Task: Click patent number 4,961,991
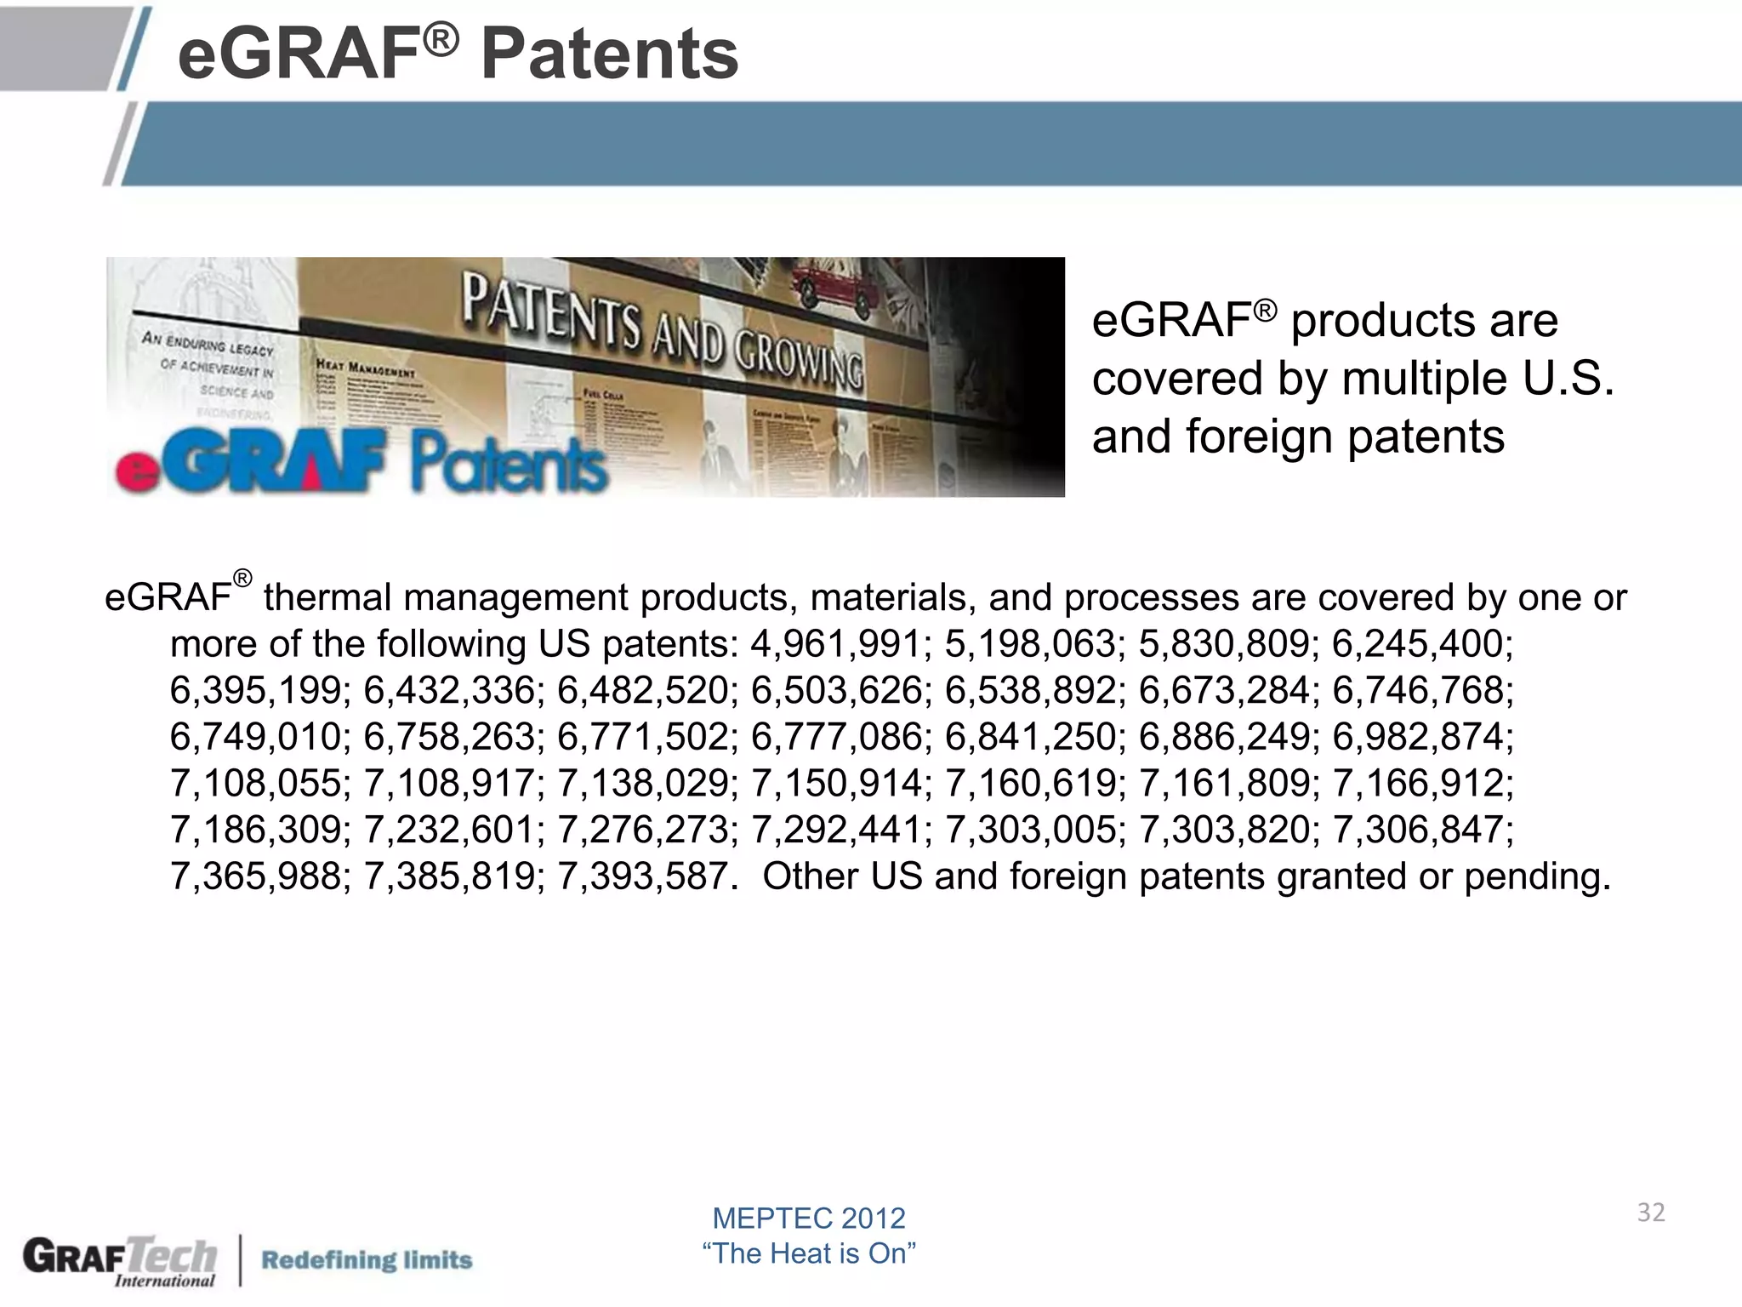[x=835, y=644]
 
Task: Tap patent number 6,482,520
[x=643, y=690]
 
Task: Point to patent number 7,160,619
[x=1030, y=784]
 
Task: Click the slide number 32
[x=1650, y=1213]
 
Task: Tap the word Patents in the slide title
[x=609, y=54]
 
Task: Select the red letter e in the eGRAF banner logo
[x=136, y=471]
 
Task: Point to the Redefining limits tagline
[x=366, y=1259]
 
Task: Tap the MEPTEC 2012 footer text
[x=808, y=1219]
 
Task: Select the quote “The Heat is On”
[x=808, y=1253]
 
